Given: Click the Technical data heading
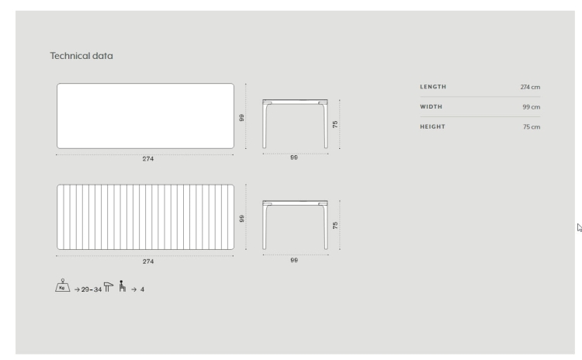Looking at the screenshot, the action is coord(81,56).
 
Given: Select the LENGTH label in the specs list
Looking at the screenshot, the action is coord(433,86).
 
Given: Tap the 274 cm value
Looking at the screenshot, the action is coord(530,87).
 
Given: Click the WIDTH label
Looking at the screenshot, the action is coord(431,106).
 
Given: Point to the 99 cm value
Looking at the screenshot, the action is coord(531,107).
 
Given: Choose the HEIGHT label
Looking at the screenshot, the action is coord(433,126).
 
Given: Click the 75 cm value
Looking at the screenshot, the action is coord(532,127).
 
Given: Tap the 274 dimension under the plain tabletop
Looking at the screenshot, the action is coord(148,159).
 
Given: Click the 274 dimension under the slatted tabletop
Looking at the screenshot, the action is coord(148,261).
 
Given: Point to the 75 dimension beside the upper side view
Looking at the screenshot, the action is coord(334,124).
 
